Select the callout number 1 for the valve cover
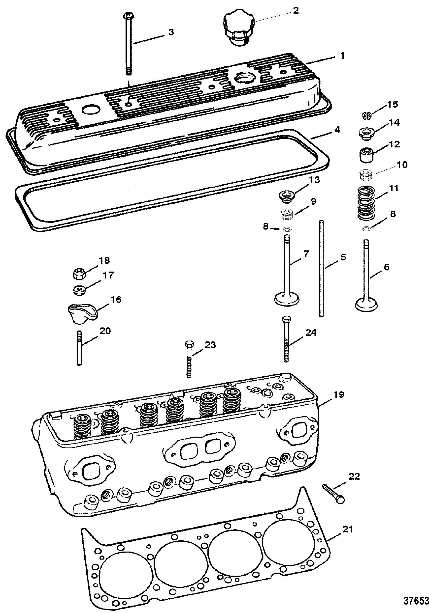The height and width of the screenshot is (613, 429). (x=342, y=56)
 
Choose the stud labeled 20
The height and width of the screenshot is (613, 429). (x=79, y=348)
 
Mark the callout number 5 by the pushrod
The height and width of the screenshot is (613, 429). (x=343, y=257)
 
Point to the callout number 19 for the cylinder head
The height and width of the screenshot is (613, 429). (x=338, y=394)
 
